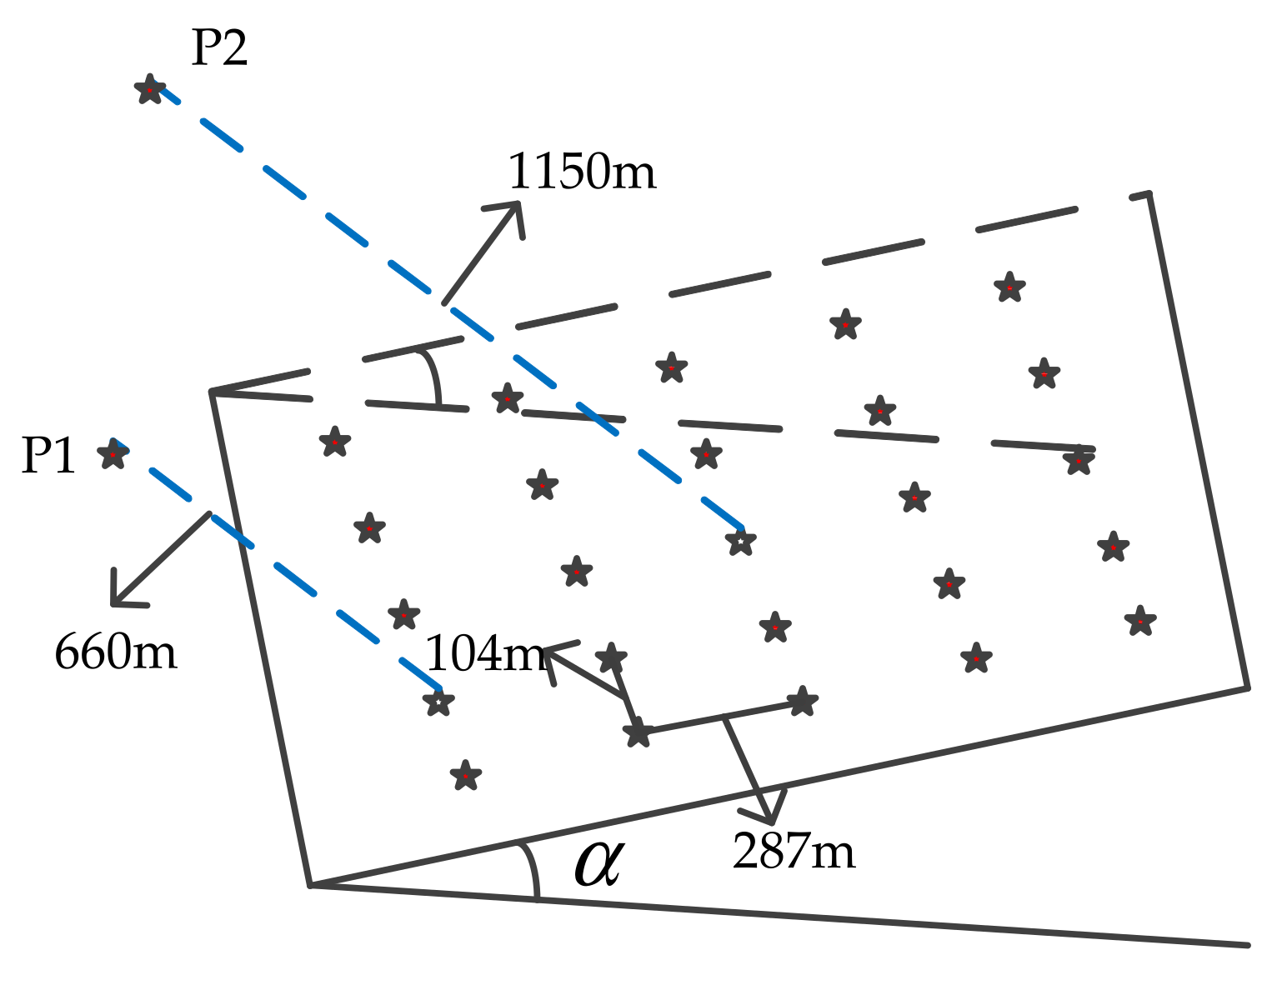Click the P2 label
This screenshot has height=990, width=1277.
coord(219,49)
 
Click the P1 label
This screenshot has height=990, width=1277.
coord(48,456)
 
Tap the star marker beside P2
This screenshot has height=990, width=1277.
coord(150,88)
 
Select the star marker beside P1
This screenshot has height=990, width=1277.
coord(113,454)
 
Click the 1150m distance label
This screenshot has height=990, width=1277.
coord(582,172)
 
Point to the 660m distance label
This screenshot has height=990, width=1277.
coord(116,652)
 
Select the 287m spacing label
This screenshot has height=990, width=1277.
coord(794,852)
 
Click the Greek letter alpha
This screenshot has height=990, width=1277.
coord(598,864)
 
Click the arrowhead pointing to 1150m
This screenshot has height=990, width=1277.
coord(514,208)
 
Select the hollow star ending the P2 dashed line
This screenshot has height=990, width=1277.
coord(740,542)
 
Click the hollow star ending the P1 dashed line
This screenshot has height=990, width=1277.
coord(438,702)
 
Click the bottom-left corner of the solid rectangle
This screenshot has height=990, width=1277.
coord(310,884)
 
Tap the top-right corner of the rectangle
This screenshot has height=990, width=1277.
coord(1149,194)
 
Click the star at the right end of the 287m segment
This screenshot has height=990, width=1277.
coord(801,702)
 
